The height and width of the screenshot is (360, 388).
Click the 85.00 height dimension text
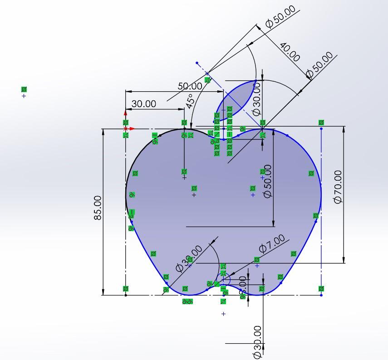point(98,208)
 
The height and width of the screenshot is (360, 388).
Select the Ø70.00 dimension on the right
point(338,187)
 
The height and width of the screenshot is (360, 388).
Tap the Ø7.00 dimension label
point(272,243)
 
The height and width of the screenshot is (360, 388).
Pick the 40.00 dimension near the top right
point(290,52)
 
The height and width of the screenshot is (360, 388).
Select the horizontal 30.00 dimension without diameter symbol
point(143,104)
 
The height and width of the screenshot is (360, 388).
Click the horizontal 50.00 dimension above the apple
point(190,86)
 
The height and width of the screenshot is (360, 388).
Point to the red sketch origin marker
point(126,128)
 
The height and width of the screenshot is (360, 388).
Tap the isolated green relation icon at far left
point(24,89)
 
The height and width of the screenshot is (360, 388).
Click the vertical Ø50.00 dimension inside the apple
point(267,181)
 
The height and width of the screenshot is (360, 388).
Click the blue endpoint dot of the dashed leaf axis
point(197,63)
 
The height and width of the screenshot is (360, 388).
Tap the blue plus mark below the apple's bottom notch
point(223,314)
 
